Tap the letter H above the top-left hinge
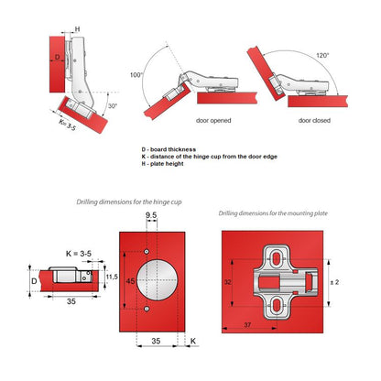pyautogui.click(x=77, y=28)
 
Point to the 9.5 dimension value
pyautogui.click(x=152, y=220)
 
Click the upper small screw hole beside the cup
pyautogui.click(x=147, y=250)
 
